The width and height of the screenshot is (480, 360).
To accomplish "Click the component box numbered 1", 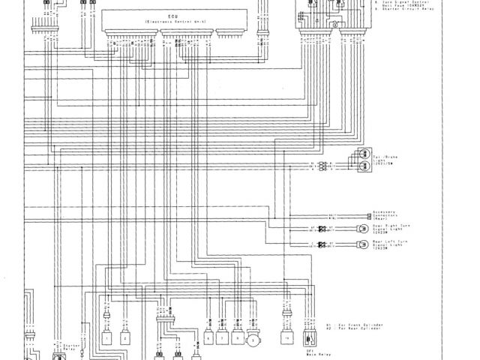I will click(x=107, y=338).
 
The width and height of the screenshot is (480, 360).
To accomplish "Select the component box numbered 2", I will click(x=125, y=338).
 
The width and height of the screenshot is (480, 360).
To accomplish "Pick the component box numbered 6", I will click(x=208, y=338).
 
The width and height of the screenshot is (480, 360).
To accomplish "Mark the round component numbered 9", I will click(x=254, y=340).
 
